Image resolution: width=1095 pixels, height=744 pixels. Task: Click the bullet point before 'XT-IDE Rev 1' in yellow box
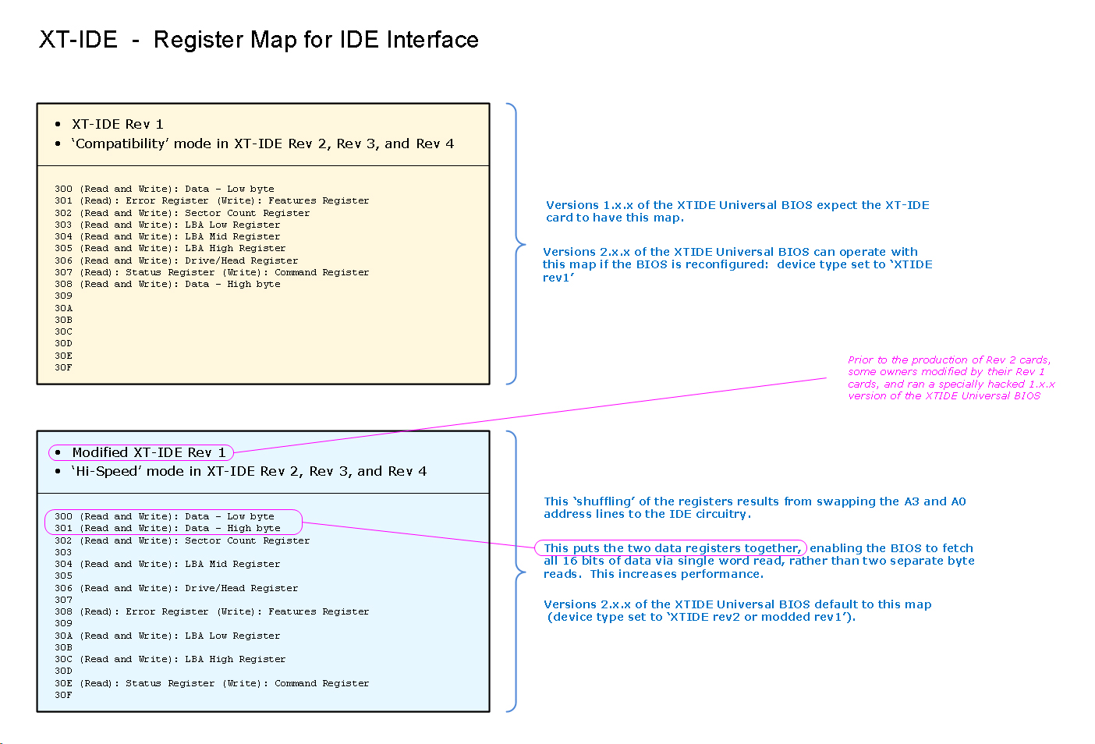pyautogui.click(x=58, y=124)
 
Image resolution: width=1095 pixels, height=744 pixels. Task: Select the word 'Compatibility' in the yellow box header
pyautogui.click(x=120, y=143)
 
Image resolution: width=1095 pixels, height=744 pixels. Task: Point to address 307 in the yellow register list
pyautogui.click(x=63, y=272)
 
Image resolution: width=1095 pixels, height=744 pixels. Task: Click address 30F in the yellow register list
pyautogui.click(x=63, y=367)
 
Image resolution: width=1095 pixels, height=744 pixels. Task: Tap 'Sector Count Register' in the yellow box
pyautogui.click(x=247, y=213)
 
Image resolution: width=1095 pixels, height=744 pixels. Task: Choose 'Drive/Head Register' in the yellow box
pyautogui.click(x=241, y=260)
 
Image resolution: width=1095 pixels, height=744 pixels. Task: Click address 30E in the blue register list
pyautogui.click(x=63, y=683)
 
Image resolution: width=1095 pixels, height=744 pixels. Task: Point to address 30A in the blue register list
pyautogui.click(x=63, y=636)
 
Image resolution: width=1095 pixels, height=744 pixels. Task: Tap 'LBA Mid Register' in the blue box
pyautogui.click(x=232, y=564)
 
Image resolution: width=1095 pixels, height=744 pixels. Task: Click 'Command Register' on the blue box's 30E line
pyautogui.click(x=321, y=683)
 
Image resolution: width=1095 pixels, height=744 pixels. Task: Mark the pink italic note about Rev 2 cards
pyautogui.click(x=950, y=378)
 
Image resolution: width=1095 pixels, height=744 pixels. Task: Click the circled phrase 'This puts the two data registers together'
pyautogui.click(x=672, y=548)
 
